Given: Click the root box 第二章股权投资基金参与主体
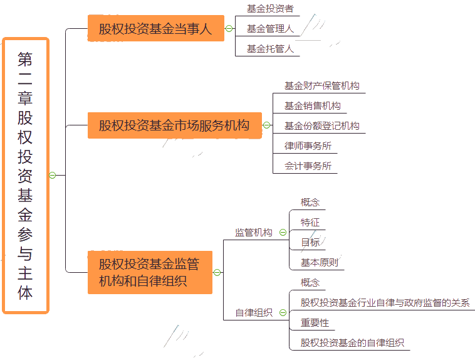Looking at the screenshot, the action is pyautogui.click(x=26, y=176).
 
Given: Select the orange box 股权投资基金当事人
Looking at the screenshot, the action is pyautogui.click(x=156, y=28).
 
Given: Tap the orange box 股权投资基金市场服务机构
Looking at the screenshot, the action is pyautogui.click(x=175, y=125).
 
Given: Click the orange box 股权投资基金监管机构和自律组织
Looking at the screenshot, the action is pyautogui.click(x=150, y=272).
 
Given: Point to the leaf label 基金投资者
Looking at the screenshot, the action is pyautogui.click(x=270, y=9).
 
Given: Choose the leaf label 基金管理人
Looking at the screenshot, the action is pyautogui.click(x=270, y=28).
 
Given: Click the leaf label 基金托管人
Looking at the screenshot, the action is pyautogui.click(x=270, y=48).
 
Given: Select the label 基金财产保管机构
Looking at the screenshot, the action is pyautogui.click(x=321, y=85).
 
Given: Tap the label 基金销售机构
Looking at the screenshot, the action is pyautogui.click(x=312, y=105).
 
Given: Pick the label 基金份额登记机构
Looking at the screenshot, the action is pyautogui.click(x=321, y=125).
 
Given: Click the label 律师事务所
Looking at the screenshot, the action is pyautogui.click(x=308, y=146).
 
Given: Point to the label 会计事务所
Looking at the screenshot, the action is pyautogui.click(x=308, y=166).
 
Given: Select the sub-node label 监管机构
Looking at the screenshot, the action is pyautogui.click(x=254, y=232).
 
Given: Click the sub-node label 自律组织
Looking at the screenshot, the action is pyautogui.click(x=254, y=312).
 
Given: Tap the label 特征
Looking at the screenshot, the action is pyautogui.click(x=310, y=222).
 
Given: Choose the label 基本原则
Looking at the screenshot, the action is pyautogui.click(x=320, y=262).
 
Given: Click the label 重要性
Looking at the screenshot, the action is pyautogui.click(x=315, y=322).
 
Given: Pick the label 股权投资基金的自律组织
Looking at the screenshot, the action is pyautogui.click(x=352, y=342).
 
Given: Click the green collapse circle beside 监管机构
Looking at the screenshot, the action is pyautogui.click(x=283, y=232).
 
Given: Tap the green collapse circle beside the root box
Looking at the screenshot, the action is pyautogui.click(x=53, y=176).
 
